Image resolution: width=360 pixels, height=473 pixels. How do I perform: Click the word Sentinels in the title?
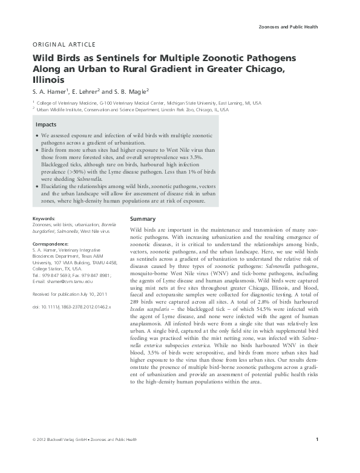pos(120,59)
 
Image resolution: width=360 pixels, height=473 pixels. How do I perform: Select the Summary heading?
pos(143,218)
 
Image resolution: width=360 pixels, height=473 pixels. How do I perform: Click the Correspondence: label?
pos(51,243)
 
